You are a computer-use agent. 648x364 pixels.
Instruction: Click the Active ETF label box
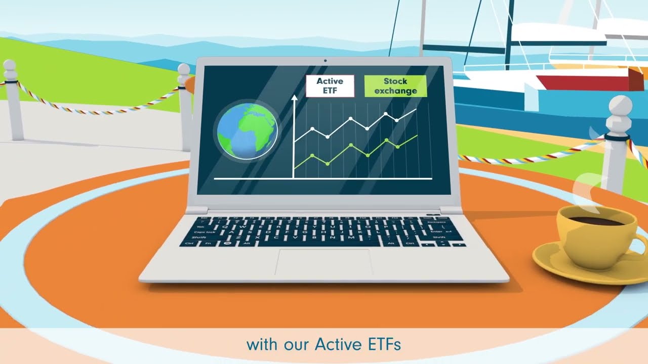(330, 86)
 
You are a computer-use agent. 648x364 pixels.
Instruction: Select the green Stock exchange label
(395, 86)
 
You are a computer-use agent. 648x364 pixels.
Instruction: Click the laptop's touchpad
(324, 261)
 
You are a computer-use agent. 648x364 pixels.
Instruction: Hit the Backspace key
(436, 221)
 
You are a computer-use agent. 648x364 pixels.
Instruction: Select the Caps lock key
(203, 232)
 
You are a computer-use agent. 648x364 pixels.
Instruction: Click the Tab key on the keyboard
(200, 227)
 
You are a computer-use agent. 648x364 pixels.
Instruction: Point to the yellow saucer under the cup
(552, 260)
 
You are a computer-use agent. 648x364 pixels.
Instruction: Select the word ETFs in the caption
(382, 345)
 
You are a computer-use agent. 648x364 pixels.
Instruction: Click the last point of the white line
(416, 109)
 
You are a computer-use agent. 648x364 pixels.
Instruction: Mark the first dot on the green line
(312, 155)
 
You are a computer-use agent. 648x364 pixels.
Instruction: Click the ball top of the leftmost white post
(10, 66)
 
